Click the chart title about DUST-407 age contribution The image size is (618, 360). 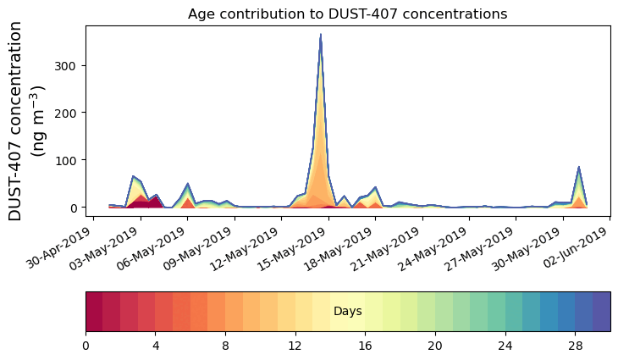click(x=347, y=14)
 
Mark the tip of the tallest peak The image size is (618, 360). click(x=320, y=35)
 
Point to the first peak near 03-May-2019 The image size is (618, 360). click(x=133, y=176)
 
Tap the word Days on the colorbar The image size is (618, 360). click(x=348, y=312)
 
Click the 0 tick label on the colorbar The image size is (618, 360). click(x=86, y=346)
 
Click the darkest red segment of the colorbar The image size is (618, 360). click(x=94, y=311)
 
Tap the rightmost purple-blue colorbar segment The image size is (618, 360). click(x=601, y=311)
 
